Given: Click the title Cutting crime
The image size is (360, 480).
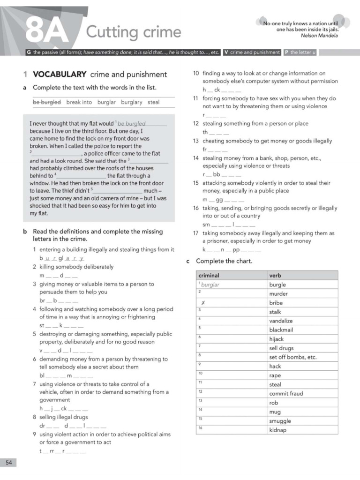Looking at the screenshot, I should [x=134, y=32].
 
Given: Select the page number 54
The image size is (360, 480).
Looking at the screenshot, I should [x=8, y=463].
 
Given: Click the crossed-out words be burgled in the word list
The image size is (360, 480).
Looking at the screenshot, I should [x=46, y=102].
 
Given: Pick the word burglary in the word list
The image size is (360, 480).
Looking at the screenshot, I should [x=131, y=102].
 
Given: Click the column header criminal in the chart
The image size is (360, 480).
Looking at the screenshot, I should [x=209, y=276].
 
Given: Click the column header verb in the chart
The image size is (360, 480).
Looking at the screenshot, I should [x=275, y=276].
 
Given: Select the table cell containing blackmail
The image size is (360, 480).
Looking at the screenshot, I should [x=281, y=330].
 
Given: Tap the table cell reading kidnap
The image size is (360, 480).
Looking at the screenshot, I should [x=277, y=430].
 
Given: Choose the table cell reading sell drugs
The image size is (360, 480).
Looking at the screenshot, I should [x=281, y=348].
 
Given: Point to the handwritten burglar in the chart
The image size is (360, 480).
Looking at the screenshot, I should [x=210, y=285].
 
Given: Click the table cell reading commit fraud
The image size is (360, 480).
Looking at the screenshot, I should [x=286, y=394].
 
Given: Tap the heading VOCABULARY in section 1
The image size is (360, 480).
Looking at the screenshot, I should [x=60, y=74].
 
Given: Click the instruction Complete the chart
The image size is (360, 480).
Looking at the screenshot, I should [x=224, y=261].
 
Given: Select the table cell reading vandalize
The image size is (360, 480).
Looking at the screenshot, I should [x=281, y=321].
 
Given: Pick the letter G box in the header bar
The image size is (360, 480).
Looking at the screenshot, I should [x=29, y=52].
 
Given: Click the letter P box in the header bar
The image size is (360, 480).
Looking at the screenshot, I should [x=286, y=52].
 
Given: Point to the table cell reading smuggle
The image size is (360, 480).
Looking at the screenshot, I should [x=280, y=421].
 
